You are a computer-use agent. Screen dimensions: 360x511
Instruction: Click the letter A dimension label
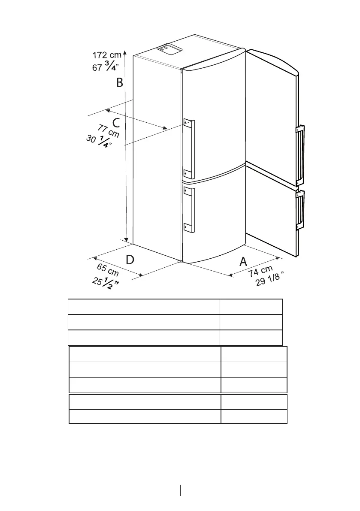243,261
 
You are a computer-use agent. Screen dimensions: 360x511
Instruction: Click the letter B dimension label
120,82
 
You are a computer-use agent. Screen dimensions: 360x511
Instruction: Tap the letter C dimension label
116,123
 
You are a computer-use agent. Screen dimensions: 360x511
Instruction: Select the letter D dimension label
130,260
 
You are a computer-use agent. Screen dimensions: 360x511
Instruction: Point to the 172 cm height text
107,55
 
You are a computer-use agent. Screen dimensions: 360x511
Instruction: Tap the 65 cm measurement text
108,270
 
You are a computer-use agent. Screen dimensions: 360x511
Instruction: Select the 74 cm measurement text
260,273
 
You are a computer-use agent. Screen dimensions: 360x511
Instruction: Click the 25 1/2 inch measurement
106,283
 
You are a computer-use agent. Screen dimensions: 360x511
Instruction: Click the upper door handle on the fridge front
189,148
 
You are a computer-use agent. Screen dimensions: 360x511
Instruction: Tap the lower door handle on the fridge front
189,210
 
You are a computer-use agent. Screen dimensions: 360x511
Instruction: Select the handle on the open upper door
300,155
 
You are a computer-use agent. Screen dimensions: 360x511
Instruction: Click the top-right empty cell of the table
251,307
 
